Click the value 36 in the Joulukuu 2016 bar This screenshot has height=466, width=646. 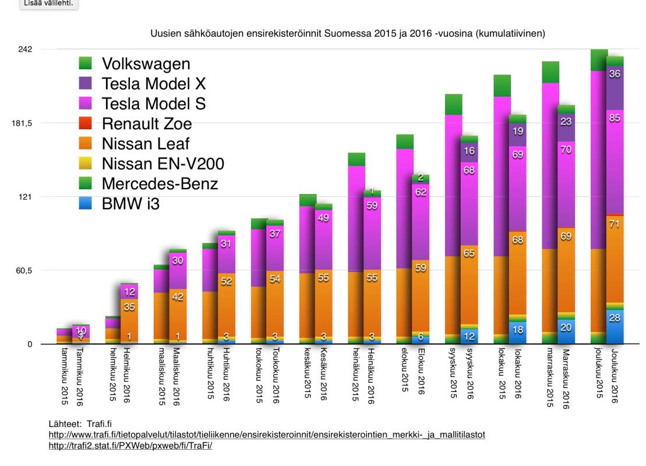click(615, 75)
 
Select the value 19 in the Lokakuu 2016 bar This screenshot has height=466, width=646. click(517, 132)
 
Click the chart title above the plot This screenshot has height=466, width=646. click(347, 34)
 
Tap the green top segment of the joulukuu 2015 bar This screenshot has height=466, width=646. click(599, 60)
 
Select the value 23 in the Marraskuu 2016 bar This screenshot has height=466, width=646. click(566, 122)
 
